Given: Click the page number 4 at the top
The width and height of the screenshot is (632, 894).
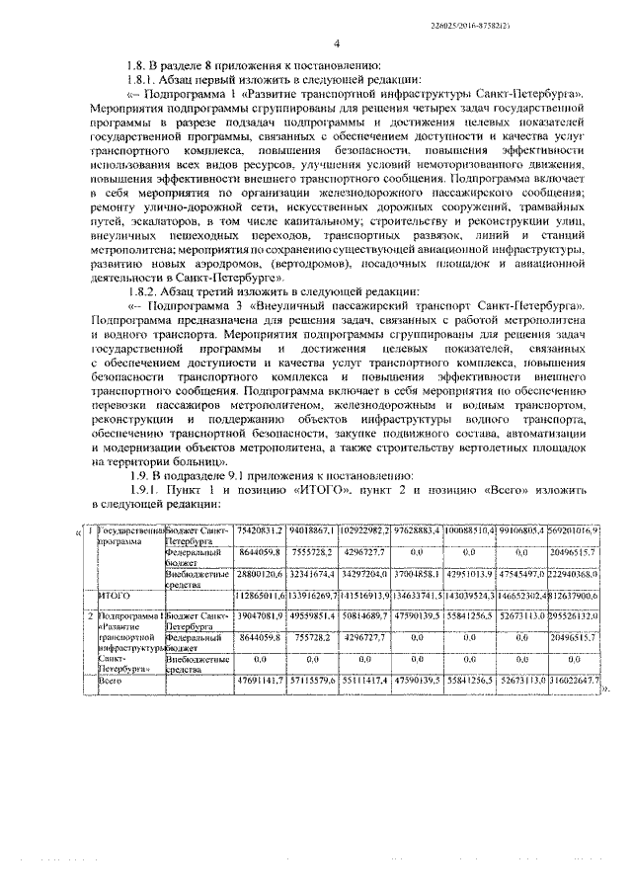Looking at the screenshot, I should (x=337, y=44).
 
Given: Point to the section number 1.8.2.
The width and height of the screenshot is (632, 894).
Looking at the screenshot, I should (x=133, y=292).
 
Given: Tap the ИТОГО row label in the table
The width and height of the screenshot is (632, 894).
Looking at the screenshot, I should (x=117, y=595).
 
